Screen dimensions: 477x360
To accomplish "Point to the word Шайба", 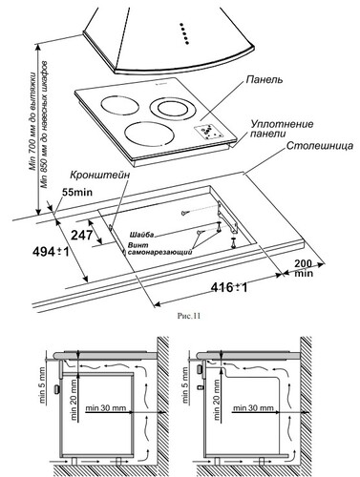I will [166, 233].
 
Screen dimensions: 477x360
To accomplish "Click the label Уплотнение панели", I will [282, 128].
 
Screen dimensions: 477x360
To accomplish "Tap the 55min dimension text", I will [76, 193].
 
